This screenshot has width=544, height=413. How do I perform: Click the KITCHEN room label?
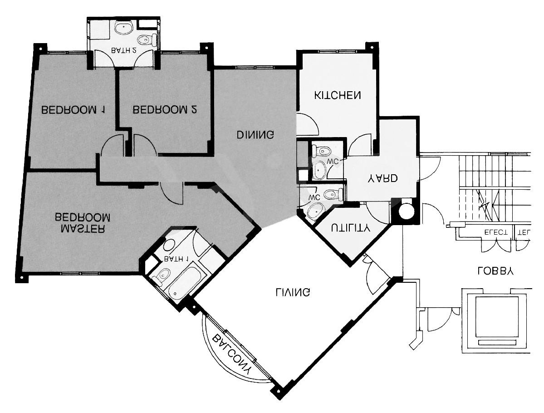point(338,96)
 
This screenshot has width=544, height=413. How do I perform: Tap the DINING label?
point(255,135)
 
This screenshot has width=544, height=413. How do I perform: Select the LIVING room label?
point(293,292)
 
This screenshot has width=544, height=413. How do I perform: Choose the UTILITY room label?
point(350,228)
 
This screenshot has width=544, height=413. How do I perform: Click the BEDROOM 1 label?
point(73,110)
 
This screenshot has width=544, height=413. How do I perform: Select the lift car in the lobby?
point(496,320)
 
